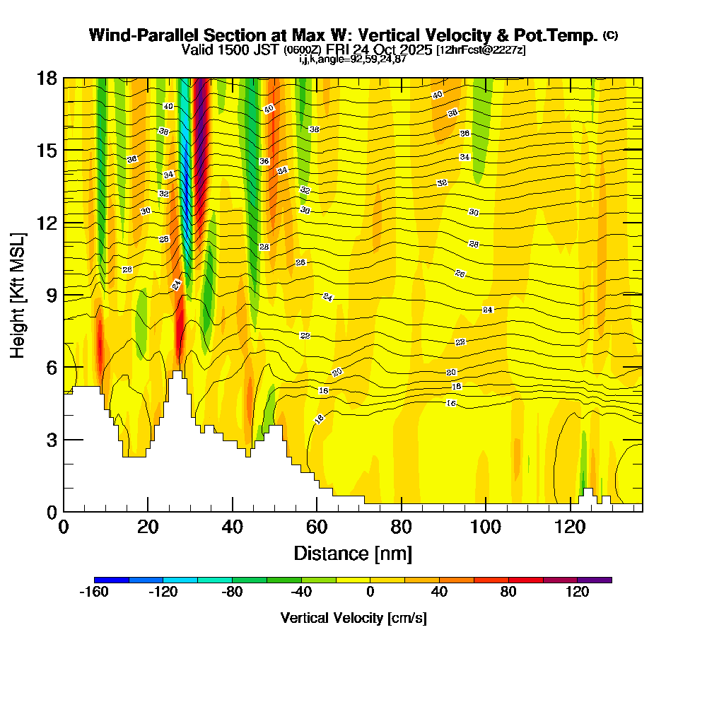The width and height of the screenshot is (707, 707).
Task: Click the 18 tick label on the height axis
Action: (47, 78)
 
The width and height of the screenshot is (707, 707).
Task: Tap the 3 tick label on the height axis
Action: (52, 440)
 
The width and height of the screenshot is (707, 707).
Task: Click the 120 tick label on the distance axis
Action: (571, 527)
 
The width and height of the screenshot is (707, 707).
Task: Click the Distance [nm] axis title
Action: (353, 553)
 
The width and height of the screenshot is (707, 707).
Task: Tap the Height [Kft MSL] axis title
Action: (18, 294)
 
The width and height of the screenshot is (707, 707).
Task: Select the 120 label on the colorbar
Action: (577, 592)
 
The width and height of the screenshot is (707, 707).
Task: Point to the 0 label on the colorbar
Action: (370, 592)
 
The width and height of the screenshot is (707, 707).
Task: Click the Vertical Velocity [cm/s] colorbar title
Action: (353, 618)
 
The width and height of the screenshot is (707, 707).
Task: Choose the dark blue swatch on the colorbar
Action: (111, 580)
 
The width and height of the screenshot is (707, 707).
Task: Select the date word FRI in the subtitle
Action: (342, 49)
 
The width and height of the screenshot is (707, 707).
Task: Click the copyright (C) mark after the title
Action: (610, 35)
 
